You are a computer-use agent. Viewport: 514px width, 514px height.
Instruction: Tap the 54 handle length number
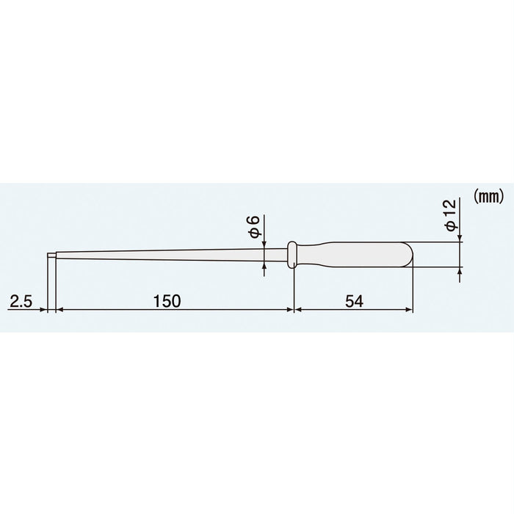click(x=354, y=301)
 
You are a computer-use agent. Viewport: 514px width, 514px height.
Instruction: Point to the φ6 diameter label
click(x=253, y=225)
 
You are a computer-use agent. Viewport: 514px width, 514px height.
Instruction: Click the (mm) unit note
click(x=487, y=196)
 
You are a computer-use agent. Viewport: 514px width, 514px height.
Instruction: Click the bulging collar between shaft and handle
click(x=292, y=254)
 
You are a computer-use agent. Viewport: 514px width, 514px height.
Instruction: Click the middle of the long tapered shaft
click(x=169, y=255)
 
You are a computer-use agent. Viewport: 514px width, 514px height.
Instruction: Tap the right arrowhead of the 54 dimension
click(x=409, y=311)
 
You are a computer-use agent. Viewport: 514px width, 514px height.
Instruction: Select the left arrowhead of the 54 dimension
click(x=298, y=311)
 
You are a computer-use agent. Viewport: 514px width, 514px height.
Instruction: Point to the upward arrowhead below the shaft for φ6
click(x=264, y=269)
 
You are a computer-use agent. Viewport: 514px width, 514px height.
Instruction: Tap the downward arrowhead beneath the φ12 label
click(x=460, y=236)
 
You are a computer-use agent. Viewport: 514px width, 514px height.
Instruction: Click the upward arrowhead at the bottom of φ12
click(x=460, y=274)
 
